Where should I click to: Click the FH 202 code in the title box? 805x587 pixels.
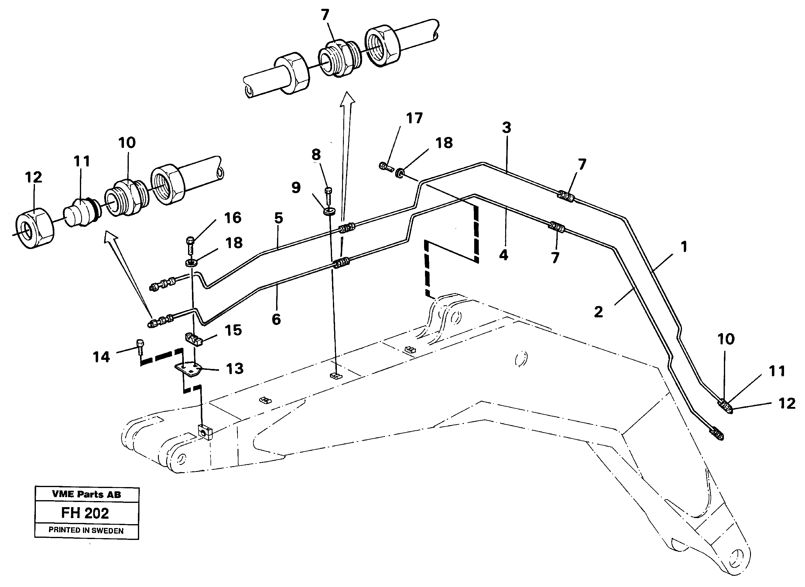(85, 514)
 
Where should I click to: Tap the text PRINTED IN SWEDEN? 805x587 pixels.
(86, 531)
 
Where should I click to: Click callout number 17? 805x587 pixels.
(414, 119)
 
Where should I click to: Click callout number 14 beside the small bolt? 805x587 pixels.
(101, 357)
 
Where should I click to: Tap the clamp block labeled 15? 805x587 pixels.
(194, 339)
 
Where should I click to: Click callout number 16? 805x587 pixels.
(233, 218)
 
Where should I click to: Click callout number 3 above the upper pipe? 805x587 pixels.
(506, 127)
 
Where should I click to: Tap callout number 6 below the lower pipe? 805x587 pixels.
(276, 319)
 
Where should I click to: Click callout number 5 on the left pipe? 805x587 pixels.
(278, 218)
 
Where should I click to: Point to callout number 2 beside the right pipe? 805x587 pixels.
(598, 312)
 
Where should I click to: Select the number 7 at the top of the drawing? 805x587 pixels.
(325, 15)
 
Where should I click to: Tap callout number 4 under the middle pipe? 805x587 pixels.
(504, 255)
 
